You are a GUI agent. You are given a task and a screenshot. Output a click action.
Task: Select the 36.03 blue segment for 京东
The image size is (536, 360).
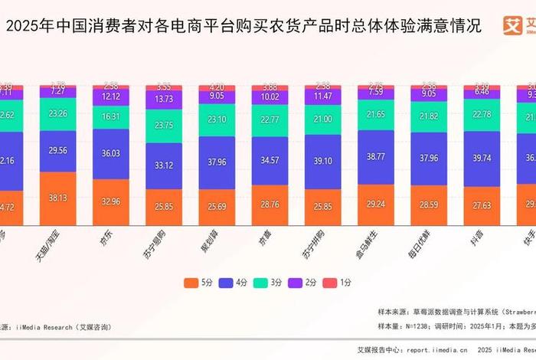(x=116, y=153)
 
